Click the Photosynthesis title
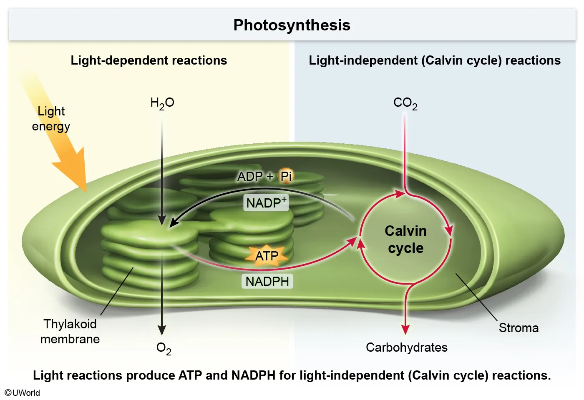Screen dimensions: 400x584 click(292, 25)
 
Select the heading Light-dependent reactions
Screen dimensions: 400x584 click(149, 60)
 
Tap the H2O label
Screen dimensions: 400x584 click(162, 103)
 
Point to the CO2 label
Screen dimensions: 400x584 click(405, 103)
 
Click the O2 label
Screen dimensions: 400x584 click(164, 348)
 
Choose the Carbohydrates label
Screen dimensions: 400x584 click(406, 347)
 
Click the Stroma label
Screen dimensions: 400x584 click(518, 328)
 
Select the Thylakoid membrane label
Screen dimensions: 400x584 click(70, 331)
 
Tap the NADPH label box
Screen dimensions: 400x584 click(267, 281)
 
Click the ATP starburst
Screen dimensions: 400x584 click(267, 255)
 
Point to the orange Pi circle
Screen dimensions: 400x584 click(286, 176)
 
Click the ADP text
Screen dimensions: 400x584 click(249, 177)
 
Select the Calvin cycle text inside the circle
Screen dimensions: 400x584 click(405, 239)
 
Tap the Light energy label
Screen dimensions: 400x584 click(51, 119)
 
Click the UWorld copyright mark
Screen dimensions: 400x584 click(22, 392)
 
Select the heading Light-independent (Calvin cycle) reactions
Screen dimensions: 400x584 click(434, 60)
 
